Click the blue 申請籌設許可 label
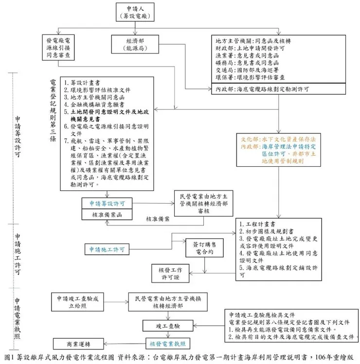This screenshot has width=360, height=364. (x=107, y=203)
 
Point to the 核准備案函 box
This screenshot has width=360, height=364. (x=107, y=214)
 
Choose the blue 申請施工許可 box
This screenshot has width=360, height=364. (x=107, y=250)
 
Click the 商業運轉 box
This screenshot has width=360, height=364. (x=79, y=343)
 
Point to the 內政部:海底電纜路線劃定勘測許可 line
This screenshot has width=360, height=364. (x=262, y=89)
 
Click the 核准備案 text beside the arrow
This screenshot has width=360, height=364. (x=158, y=219)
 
